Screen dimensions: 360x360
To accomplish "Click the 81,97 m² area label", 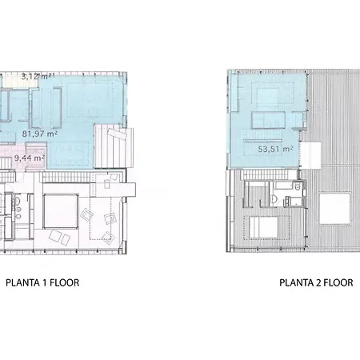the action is pyautogui.click(x=40, y=134).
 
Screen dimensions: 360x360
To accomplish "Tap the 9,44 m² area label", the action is pyautogui.click(x=30, y=158).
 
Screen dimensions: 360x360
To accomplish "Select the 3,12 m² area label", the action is pyautogui.click(x=38, y=77).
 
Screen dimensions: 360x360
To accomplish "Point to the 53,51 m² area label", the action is pyautogui.click(x=276, y=149).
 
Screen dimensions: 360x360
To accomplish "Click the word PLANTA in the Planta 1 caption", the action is pyautogui.click(x=23, y=282).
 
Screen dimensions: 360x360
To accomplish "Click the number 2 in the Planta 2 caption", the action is pyautogui.click(x=318, y=282).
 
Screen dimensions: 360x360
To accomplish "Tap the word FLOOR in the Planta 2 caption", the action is pyautogui.click(x=338, y=282).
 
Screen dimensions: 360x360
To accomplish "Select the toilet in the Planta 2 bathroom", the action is pyautogui.click(x=298, y=186).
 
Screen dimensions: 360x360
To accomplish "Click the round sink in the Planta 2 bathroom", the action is pyautogui.click(x=274, y=198).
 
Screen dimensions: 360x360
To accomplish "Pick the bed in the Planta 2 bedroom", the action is pyautogui.click(x=264, y=227).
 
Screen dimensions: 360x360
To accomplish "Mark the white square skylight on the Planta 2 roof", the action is pyautogui.click(x=334, y=209).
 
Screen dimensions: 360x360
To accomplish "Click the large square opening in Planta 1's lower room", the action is pyautogui.click(x=61, y=211).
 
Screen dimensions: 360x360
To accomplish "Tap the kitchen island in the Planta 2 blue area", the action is pyautogui.click(x=268, y=120).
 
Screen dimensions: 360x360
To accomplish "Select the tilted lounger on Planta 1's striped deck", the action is pyautogui.click(x=117, y=134).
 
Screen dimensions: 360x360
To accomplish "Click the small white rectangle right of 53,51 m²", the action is pyautogui.click(x=310, y=155).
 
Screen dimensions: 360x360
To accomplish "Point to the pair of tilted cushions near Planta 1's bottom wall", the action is pyautogui.click(x=59, y=238).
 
